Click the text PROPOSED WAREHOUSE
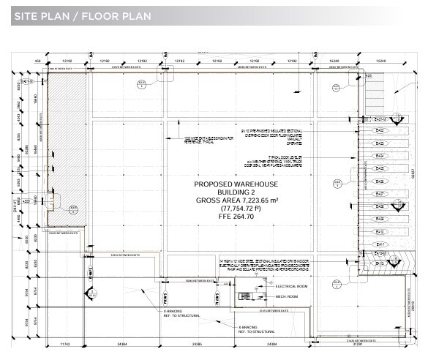[236, 186]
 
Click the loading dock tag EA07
[379, 194]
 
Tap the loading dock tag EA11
[379, 244]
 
